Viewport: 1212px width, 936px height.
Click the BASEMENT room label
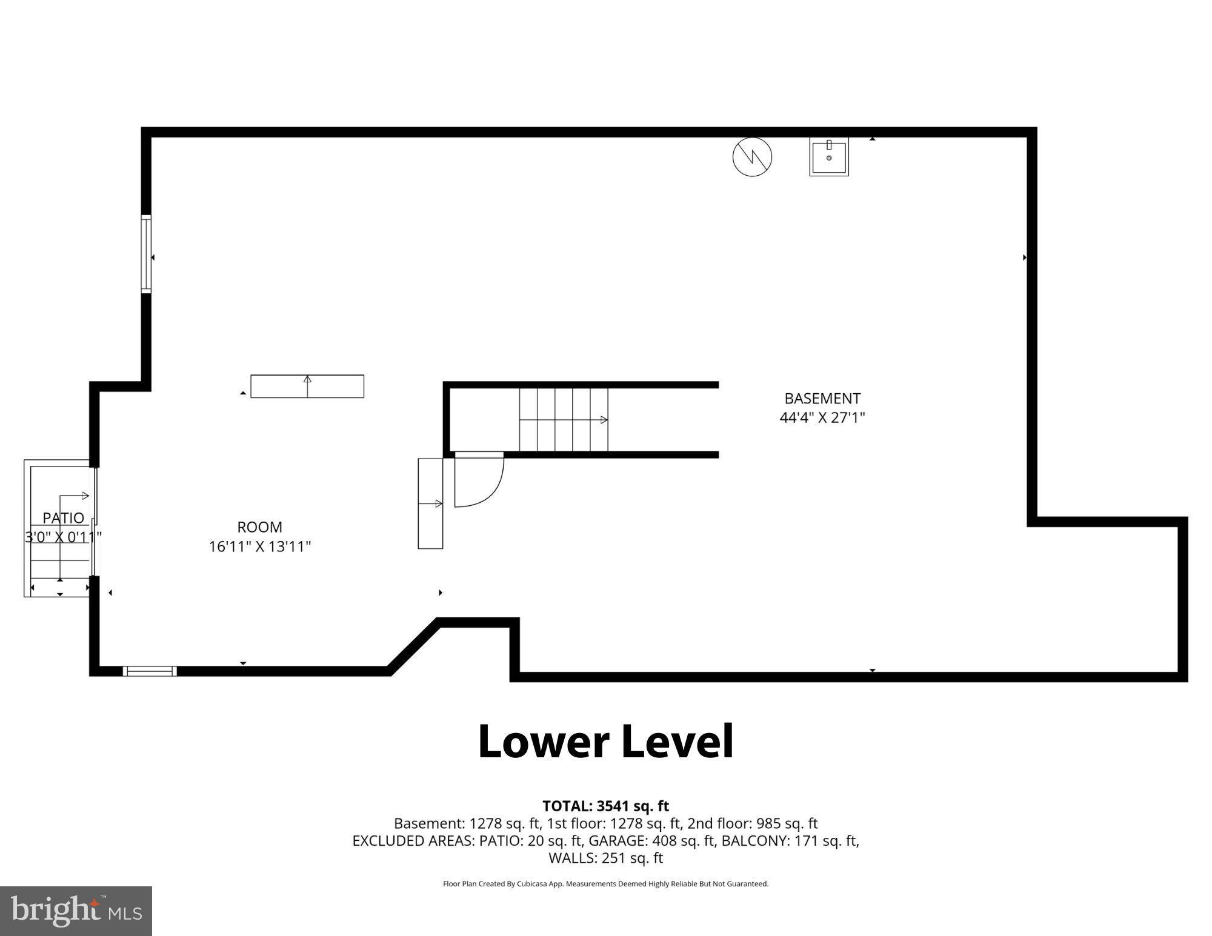(x=822, y=399)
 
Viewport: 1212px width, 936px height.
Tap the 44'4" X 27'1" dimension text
(x=822, y=417)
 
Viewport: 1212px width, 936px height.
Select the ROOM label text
(x=259, y=527)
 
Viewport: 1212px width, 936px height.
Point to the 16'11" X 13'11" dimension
(x=259, y=546)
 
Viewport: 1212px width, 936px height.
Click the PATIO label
(x=63, y=518)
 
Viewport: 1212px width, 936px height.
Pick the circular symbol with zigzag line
(x=752, y=157)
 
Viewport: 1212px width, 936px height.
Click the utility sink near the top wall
(x=828, y=157)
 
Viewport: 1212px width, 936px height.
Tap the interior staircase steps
(x=563, y=420)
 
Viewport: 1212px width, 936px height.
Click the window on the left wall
(x=146, y=254)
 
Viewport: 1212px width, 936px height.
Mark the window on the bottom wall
(x=150, y=671)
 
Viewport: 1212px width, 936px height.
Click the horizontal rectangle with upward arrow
(x=307, y=387)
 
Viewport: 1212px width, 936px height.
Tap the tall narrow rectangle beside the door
(x=430, y=503)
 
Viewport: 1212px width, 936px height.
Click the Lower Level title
(x=605, y=742)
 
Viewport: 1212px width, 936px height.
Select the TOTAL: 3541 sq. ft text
(x=605, y=806)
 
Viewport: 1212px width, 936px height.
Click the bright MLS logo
(x=76, y=911)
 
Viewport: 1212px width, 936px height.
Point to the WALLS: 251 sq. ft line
(x=605, y=858)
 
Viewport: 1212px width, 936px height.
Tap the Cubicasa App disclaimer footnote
(x=605, y=884)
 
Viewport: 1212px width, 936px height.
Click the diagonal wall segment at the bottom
(x=413, y=646)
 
